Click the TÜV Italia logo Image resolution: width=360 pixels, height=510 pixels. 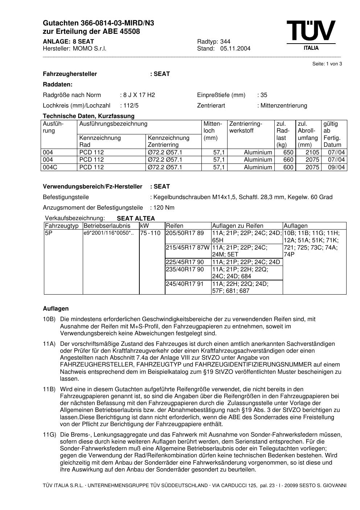(x=311, y=35)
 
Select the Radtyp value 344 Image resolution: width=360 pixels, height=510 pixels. (x=225, y=41)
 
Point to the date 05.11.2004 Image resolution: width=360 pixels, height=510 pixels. (x=235, y=49)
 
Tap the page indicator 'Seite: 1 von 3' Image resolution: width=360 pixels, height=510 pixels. (x=327, y=64)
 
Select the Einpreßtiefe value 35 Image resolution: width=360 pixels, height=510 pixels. (x=263, y=95)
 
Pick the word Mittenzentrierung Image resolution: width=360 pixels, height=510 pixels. (x=283, y=106)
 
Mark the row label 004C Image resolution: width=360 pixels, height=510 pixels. (x=50, y=167)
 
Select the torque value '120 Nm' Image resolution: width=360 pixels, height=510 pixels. (x=164, y=208)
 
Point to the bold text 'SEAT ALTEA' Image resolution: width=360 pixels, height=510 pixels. (x=136, y=218)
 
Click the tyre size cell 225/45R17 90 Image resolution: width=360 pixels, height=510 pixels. (x=185, y=262)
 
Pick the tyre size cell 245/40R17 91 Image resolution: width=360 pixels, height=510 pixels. (x=185, y=284)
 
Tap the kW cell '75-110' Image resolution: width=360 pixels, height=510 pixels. (x=150, y=233)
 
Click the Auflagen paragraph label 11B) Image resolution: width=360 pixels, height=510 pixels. (x=49, y=389)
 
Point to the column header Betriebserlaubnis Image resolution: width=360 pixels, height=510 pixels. (x=107, y=226)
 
